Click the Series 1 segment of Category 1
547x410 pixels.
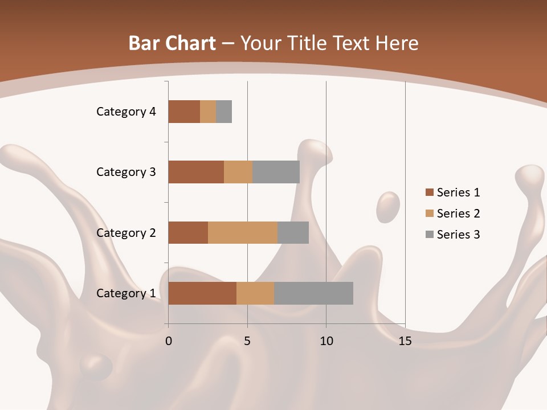(x=202, y=293)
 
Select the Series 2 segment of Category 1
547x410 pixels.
(x=255, y=293)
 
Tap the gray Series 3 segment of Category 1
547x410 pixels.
(x=313, y=293)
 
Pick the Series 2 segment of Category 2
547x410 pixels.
(x=243, y=232)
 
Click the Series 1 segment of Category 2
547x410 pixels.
(x=188, y=232)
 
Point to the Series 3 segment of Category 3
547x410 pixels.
(x=276, y=172)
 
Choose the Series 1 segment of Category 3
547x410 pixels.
(x=196, y=172)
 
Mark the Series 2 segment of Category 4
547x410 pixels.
(x=208, y=112)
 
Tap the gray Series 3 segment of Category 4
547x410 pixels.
(x=224, y=112)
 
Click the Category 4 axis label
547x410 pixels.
(x=126, y=112)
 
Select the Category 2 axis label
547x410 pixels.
(x=126, y=232)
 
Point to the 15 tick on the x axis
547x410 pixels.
(x=405, y=341)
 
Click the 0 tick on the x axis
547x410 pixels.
(x=169, y=341)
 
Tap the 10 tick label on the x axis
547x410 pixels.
(x=326, y=341)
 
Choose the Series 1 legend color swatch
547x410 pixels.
(x=429, y=192)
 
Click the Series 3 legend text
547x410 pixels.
(x=458, y=234)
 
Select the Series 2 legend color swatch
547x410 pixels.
(x=429, y=214)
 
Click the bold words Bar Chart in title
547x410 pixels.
(x=172, y=43)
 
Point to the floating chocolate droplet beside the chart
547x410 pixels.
(x=388, y=206)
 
